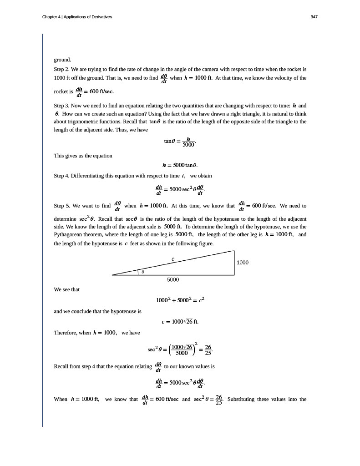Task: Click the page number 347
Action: [314, 17]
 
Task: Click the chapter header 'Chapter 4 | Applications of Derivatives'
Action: [77, 17]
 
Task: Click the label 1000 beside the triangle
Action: [243, 263]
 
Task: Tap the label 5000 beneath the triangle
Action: [173, 279]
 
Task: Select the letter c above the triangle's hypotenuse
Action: [173, 259]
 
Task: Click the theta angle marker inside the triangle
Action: [142, 272]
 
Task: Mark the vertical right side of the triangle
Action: [234, 263]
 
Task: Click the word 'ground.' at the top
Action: [63, 60]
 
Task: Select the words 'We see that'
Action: [66, 289]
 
